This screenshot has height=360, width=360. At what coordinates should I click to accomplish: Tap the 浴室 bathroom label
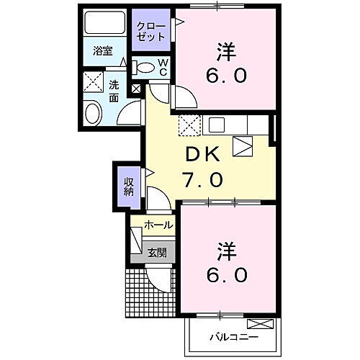coord(103,50)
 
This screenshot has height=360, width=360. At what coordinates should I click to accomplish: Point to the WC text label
coord(162,68)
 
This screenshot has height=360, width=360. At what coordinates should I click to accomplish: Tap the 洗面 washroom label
coord(114,90)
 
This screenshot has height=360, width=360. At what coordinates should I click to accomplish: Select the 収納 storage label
coord(127,186)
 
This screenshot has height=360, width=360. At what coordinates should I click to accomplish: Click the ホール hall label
coord(158,225)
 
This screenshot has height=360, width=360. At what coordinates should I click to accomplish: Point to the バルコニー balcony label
coord(233,336)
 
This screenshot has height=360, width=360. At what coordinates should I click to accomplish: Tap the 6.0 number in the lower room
coord(228,275)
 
